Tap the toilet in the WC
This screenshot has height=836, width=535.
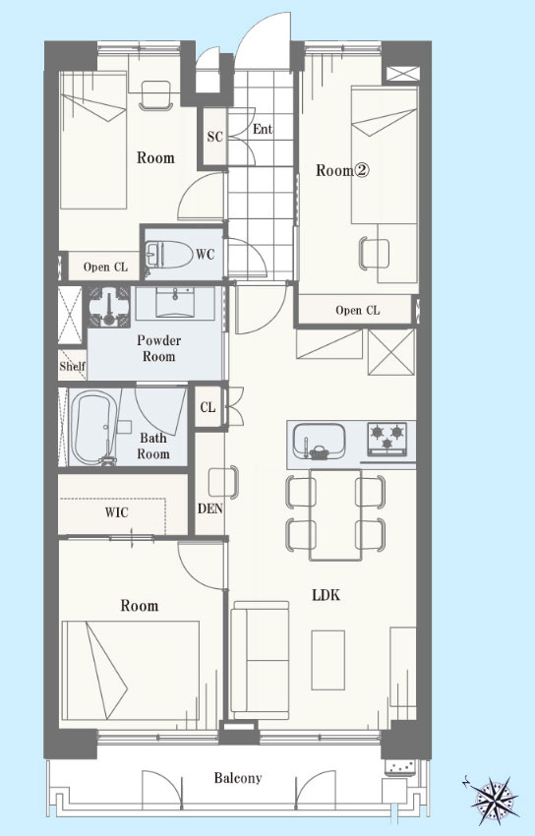168,255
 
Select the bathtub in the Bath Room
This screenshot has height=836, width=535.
92,428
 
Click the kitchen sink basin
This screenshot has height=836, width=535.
320,441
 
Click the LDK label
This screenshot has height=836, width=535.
327,595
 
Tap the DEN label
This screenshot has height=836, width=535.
209,508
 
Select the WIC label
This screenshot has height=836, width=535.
116,512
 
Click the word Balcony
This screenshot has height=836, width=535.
238,778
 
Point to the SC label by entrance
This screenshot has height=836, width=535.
214,137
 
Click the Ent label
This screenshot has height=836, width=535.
263,129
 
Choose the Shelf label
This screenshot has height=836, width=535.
72,366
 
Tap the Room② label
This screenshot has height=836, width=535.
342,170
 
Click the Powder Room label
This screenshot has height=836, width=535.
158,348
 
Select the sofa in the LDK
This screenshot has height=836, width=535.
260,660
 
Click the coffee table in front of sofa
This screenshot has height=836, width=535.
327,660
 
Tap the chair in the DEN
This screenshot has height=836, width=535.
223,482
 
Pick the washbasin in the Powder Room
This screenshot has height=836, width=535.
175,301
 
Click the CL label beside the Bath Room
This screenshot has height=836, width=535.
208,407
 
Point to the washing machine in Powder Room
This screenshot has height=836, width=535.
109,307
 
